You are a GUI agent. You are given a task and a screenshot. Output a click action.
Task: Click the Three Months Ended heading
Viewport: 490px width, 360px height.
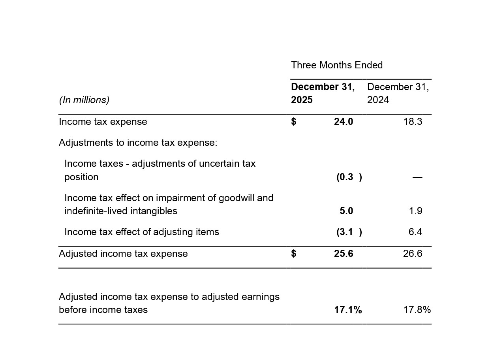[337, 65]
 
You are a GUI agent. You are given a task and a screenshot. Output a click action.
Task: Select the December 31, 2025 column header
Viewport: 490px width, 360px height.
[323, 93]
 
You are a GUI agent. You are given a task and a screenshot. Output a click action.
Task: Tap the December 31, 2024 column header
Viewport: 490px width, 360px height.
[398, 93]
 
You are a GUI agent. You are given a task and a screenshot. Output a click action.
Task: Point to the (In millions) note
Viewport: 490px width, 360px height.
[84, 100]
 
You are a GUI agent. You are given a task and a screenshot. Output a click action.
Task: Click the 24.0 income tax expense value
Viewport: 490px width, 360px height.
[343, 122]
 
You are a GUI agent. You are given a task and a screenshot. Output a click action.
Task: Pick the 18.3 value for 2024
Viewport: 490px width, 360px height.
[413, 122]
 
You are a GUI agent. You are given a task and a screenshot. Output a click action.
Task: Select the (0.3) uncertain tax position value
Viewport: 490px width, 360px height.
[349, 177]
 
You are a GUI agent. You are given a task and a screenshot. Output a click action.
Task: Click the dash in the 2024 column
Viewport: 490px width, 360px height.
[417, 177]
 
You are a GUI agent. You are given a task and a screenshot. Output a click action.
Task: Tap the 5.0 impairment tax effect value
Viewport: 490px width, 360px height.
[346, 211]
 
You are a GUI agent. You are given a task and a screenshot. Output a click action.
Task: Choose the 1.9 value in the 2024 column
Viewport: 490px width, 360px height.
[415, 211]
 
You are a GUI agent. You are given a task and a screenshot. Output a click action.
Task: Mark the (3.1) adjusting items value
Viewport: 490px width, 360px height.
[349, 232]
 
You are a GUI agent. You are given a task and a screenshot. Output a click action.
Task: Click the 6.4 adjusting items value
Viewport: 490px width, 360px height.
[415, 232]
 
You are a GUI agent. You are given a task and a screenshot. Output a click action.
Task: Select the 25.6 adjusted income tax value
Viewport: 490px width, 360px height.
[343, 254]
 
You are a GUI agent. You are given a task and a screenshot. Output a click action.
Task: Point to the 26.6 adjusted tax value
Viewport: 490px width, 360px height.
[413, 254]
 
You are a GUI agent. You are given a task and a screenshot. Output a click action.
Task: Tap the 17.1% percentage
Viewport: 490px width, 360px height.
[348, 310]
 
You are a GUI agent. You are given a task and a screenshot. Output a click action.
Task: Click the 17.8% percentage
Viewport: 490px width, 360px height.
[417, 310]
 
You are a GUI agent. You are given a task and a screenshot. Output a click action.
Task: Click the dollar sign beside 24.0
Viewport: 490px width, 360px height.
[293, 122]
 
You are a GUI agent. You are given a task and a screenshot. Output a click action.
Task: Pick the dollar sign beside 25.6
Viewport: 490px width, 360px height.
[293, 254]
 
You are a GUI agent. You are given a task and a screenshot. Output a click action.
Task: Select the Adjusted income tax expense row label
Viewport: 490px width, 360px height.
[123, 254]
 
